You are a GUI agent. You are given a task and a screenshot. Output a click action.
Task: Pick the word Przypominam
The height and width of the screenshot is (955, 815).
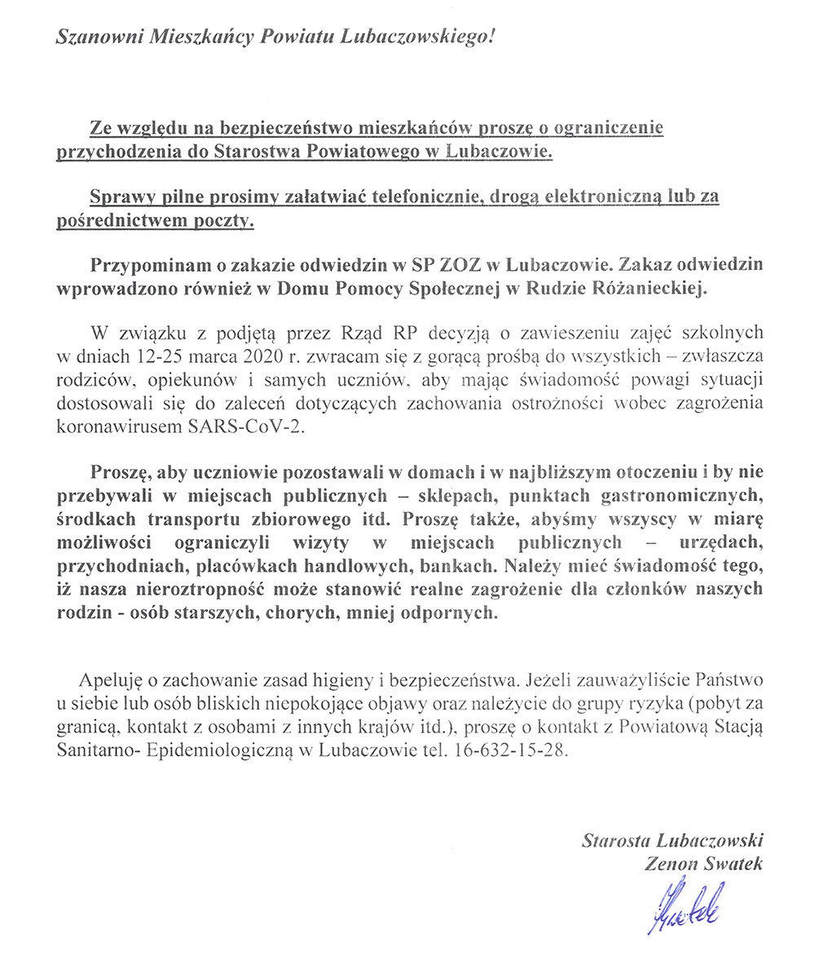pyautogui.click(x=143, y=266)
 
